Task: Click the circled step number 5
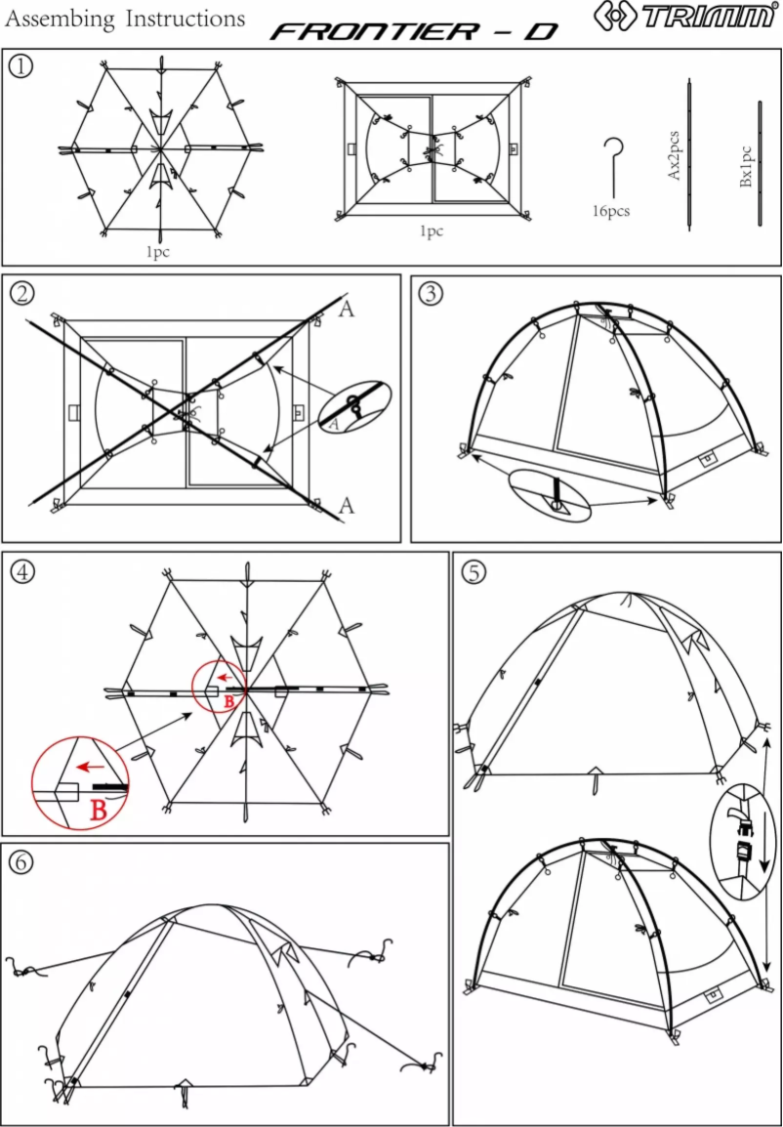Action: click(474, 572)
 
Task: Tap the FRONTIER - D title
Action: click(414, 32)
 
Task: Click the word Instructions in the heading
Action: click(185, 19)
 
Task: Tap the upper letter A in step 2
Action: click(346, 311)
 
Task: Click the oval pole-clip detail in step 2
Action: click(352, 407)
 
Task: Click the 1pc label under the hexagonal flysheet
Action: click(158, 252)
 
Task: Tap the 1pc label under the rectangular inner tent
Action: click(431, 231)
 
